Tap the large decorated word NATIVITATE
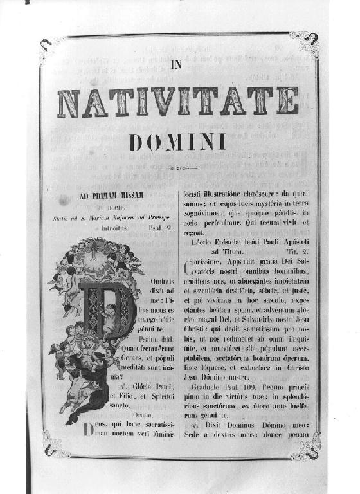click(178, 102)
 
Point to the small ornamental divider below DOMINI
click(177, 169)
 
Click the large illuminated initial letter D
click(105, 311)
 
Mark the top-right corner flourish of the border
click(307, 43)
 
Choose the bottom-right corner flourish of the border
click(304, 448)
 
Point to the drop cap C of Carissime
click(188, 266)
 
